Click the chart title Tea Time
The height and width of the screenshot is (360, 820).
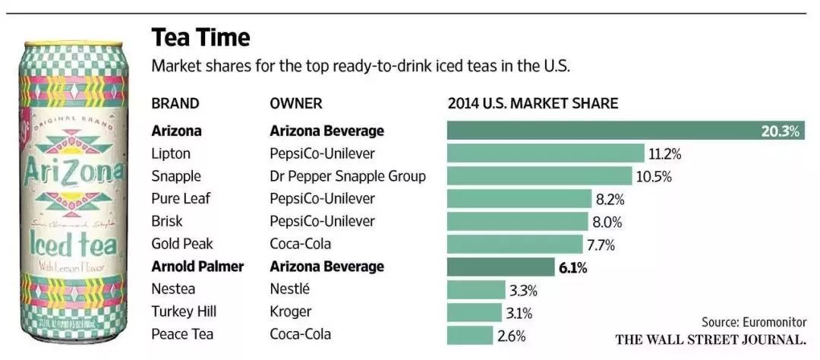pyautogui.click(x=200, y=37)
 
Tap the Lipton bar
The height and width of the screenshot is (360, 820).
pyautogui.click(x=545, y=153)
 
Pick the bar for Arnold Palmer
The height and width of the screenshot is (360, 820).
pyautogui.click(x=500, y=267)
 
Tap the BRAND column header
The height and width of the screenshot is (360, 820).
pyautogui.click(x=175, y=103)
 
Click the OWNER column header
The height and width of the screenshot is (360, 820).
pyautogui.click(x=296, y=103)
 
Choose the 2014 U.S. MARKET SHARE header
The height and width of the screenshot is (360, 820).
pyautogui.click(x=533, y=103)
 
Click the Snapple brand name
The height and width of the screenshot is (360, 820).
pyautogui.click(x=176, y=176)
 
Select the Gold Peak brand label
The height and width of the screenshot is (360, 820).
pyautogui.click(x=182, y=244)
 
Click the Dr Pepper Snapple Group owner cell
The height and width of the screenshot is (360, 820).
pyautogui.click(x=348, y=176)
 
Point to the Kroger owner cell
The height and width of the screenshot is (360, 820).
pyautogui.click(x=291, y=311)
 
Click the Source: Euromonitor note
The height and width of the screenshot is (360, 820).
pyautogui.click(x=754, y=322)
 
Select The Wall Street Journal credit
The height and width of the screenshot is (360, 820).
pyautogui.click(x=711, y=339)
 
